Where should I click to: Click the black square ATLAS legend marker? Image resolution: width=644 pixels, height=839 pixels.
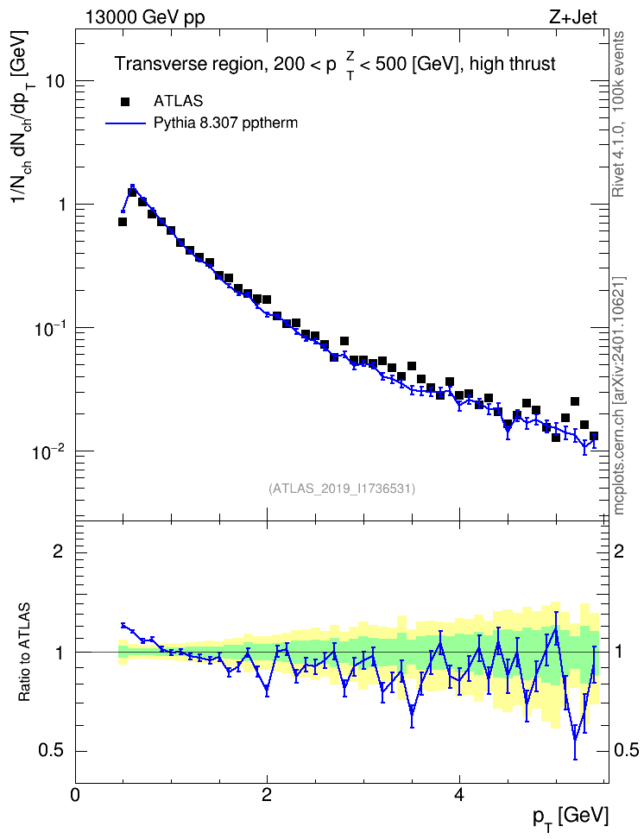click(x=125, y=101)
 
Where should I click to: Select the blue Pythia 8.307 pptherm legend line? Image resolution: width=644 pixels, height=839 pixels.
click(x=125, y=123)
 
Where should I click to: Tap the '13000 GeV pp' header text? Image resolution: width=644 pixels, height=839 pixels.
click(x=145, y=17)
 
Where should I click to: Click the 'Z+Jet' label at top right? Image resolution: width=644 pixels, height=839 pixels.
click(x=573, y=17)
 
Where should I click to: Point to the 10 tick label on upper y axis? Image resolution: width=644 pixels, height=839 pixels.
click(x=54, y=81)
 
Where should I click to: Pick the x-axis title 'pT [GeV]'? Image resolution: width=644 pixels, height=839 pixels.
click(x=571, y=818)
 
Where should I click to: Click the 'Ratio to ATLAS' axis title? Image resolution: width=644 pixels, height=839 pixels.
click(x=24, y=653)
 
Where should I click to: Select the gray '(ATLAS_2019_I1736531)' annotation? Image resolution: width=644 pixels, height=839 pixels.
click(x=342, y=489)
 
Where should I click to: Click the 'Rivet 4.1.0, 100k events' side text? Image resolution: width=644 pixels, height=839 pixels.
click(x=618, y=114)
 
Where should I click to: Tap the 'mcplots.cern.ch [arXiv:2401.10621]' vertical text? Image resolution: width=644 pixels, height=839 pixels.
click(x=618, y=396)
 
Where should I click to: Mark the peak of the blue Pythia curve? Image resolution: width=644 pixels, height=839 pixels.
click(x=132, y=186)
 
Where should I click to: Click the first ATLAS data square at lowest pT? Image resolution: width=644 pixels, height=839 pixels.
click(x=123, y=222)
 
